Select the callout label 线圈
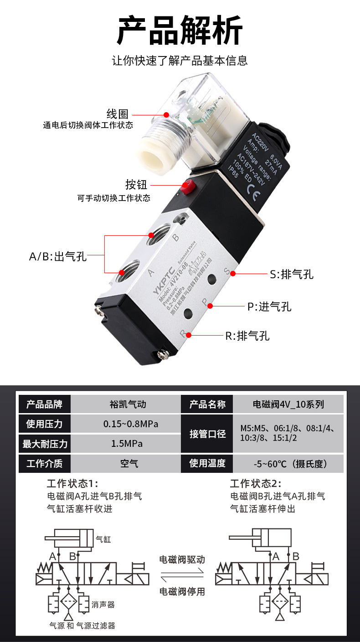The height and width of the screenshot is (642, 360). coord(118,114)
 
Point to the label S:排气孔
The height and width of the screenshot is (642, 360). coord(292,274)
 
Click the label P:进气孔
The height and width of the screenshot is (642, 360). coord(269,307)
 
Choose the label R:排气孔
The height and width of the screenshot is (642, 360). coord(247,336)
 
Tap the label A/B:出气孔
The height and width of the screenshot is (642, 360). coord(58,257)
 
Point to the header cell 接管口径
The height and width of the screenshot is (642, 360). coord(207,434)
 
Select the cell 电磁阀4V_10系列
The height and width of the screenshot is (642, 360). coord(288,404)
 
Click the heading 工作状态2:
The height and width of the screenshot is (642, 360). coord(256,484)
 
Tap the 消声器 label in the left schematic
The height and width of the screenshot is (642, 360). coord(103,605)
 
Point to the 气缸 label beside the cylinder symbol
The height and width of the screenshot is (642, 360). coord(103,539)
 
